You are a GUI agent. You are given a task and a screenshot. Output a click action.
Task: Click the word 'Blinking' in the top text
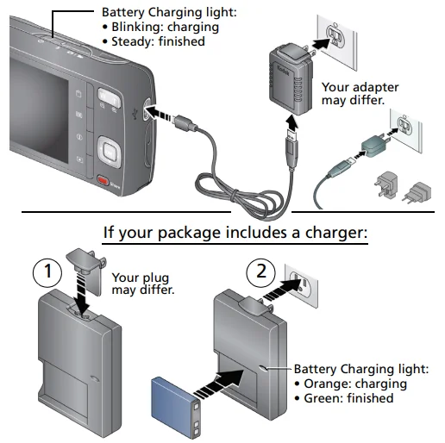coord(136,26)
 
